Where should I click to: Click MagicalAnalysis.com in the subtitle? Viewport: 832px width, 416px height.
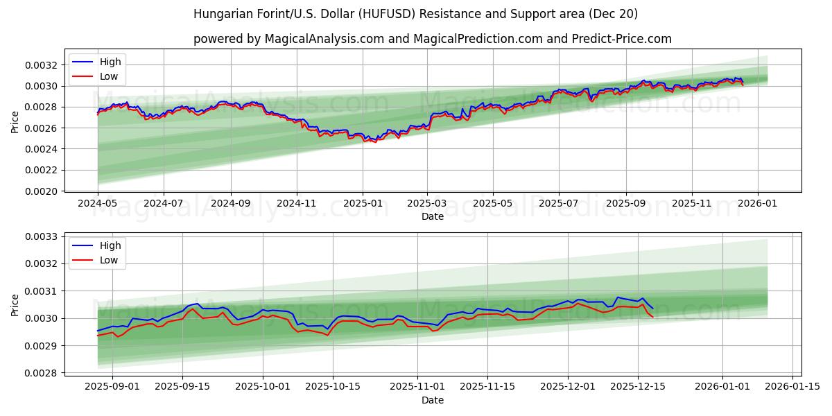[324, 39]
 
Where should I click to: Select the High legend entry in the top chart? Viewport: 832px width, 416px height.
[110, 62]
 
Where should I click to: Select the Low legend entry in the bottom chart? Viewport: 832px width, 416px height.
[109, 260]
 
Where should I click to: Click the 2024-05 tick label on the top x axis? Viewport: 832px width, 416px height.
[98, 204]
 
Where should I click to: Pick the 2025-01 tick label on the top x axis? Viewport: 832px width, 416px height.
[363, 204]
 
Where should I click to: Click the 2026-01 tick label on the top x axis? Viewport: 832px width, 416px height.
[757, 204]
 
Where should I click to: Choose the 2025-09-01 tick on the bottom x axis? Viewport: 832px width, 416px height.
[112, 387]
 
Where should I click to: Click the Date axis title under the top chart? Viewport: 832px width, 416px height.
[433, 216]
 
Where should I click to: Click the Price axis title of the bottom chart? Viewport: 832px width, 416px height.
[15, 304]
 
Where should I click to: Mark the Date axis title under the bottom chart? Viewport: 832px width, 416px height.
[433, 400]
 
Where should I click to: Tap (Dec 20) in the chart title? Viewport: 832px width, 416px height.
[614, 14]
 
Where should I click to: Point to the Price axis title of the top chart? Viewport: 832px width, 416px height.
[15, 121]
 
